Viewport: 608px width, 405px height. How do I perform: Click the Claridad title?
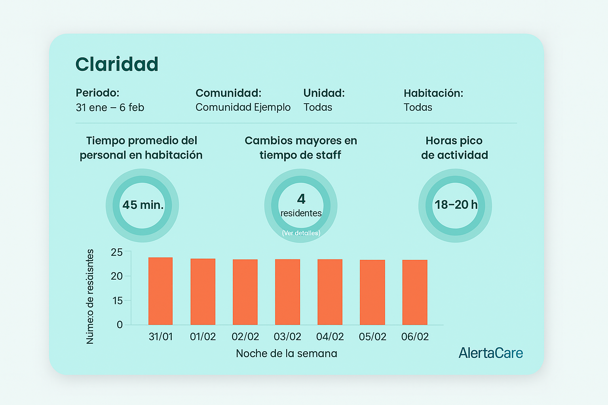(117, 64)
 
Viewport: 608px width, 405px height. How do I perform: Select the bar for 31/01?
(160, 291)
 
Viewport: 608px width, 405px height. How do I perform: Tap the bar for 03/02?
(287, 292)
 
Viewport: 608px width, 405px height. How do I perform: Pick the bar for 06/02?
(415, 292)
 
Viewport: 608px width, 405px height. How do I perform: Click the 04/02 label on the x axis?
(330, 337)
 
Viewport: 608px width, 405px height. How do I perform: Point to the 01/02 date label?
(203, 337)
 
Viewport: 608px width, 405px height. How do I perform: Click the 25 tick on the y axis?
(117, 252)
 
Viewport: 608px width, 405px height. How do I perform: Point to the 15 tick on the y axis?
(118, 301)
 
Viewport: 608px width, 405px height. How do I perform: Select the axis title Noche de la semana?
(287, 353)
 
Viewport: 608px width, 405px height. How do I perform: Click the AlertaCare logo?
(490, 353)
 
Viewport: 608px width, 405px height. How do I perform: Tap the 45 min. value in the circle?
(143, 205)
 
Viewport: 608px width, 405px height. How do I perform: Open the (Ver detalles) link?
(301, 233)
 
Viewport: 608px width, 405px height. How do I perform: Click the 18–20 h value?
(456, 204)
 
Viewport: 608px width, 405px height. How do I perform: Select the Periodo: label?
(97, 93)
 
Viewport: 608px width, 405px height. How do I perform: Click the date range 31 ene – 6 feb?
(110, 108)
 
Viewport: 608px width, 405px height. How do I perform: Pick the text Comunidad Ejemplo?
(243, 107)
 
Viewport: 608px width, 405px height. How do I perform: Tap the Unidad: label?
(324, 93)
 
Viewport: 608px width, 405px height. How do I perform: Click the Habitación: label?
(433, 93)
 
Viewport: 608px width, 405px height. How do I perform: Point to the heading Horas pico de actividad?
(454, 148)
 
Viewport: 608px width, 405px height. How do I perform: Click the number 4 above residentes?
(301, 199)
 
